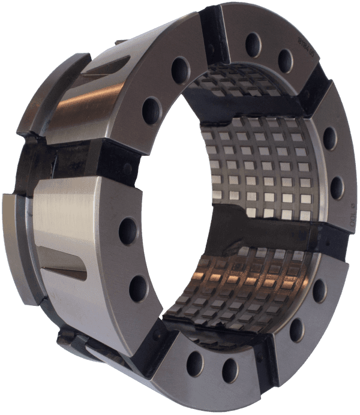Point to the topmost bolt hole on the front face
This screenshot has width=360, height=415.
point(253,44)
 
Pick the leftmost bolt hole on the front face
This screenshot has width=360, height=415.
point(128,231)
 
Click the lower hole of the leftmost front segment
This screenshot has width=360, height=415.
point(139,288)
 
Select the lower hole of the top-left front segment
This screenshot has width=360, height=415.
point(152,111)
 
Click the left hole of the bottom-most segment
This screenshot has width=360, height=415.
point(195,363)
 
